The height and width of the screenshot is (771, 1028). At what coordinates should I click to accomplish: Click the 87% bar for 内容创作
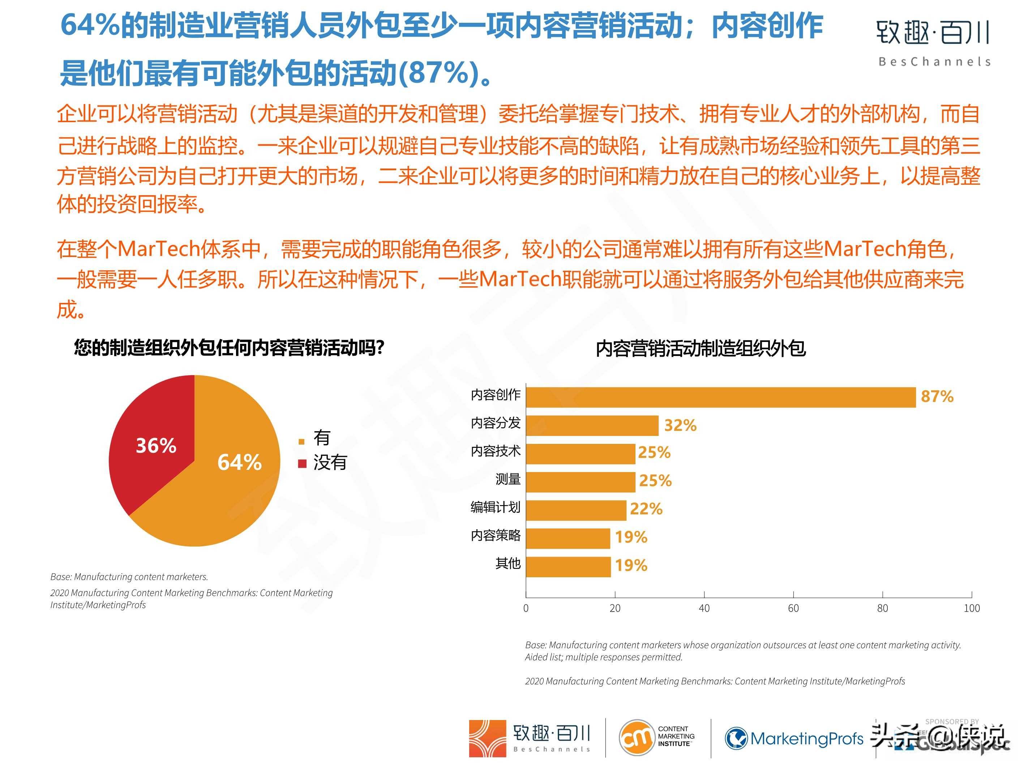pyautogui.click(x=720, y=397)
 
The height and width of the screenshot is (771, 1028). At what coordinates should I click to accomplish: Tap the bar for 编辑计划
pyautogui.click(x=576, y=510)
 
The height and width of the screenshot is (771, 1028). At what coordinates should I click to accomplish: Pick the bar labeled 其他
pyautogui.click(x=568, y=566)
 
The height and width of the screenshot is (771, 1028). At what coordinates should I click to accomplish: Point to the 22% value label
pyautogui.click(x=646, y=509)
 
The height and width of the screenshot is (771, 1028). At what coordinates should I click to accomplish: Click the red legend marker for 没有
pyautogui.click(x=302, y=463)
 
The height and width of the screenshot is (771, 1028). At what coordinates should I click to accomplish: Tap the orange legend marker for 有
pyautogui.click(x=301, y=441)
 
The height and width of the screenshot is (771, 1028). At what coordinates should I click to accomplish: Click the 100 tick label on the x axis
pyautogui.click(x=971, y=608)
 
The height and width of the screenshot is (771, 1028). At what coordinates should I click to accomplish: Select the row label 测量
pyautogui.click(x=507, y=479)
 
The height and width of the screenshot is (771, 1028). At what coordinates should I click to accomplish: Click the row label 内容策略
pyautogui.click(x=496, y=535)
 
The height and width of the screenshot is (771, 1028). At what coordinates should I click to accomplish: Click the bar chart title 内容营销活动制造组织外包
pyautogui.click(x=701, y=348)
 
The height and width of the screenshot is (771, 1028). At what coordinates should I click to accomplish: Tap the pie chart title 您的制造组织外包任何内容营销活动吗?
pyautogui.click(x=229, y=348)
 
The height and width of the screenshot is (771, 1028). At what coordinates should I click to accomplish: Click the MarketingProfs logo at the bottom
pyautogui.click(x=794, y=738)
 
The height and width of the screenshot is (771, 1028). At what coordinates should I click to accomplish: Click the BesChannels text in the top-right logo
pyautogui.click(x=934, y=62)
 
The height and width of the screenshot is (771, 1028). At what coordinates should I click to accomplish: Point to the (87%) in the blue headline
pyautogui.click(x=439, y=73)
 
